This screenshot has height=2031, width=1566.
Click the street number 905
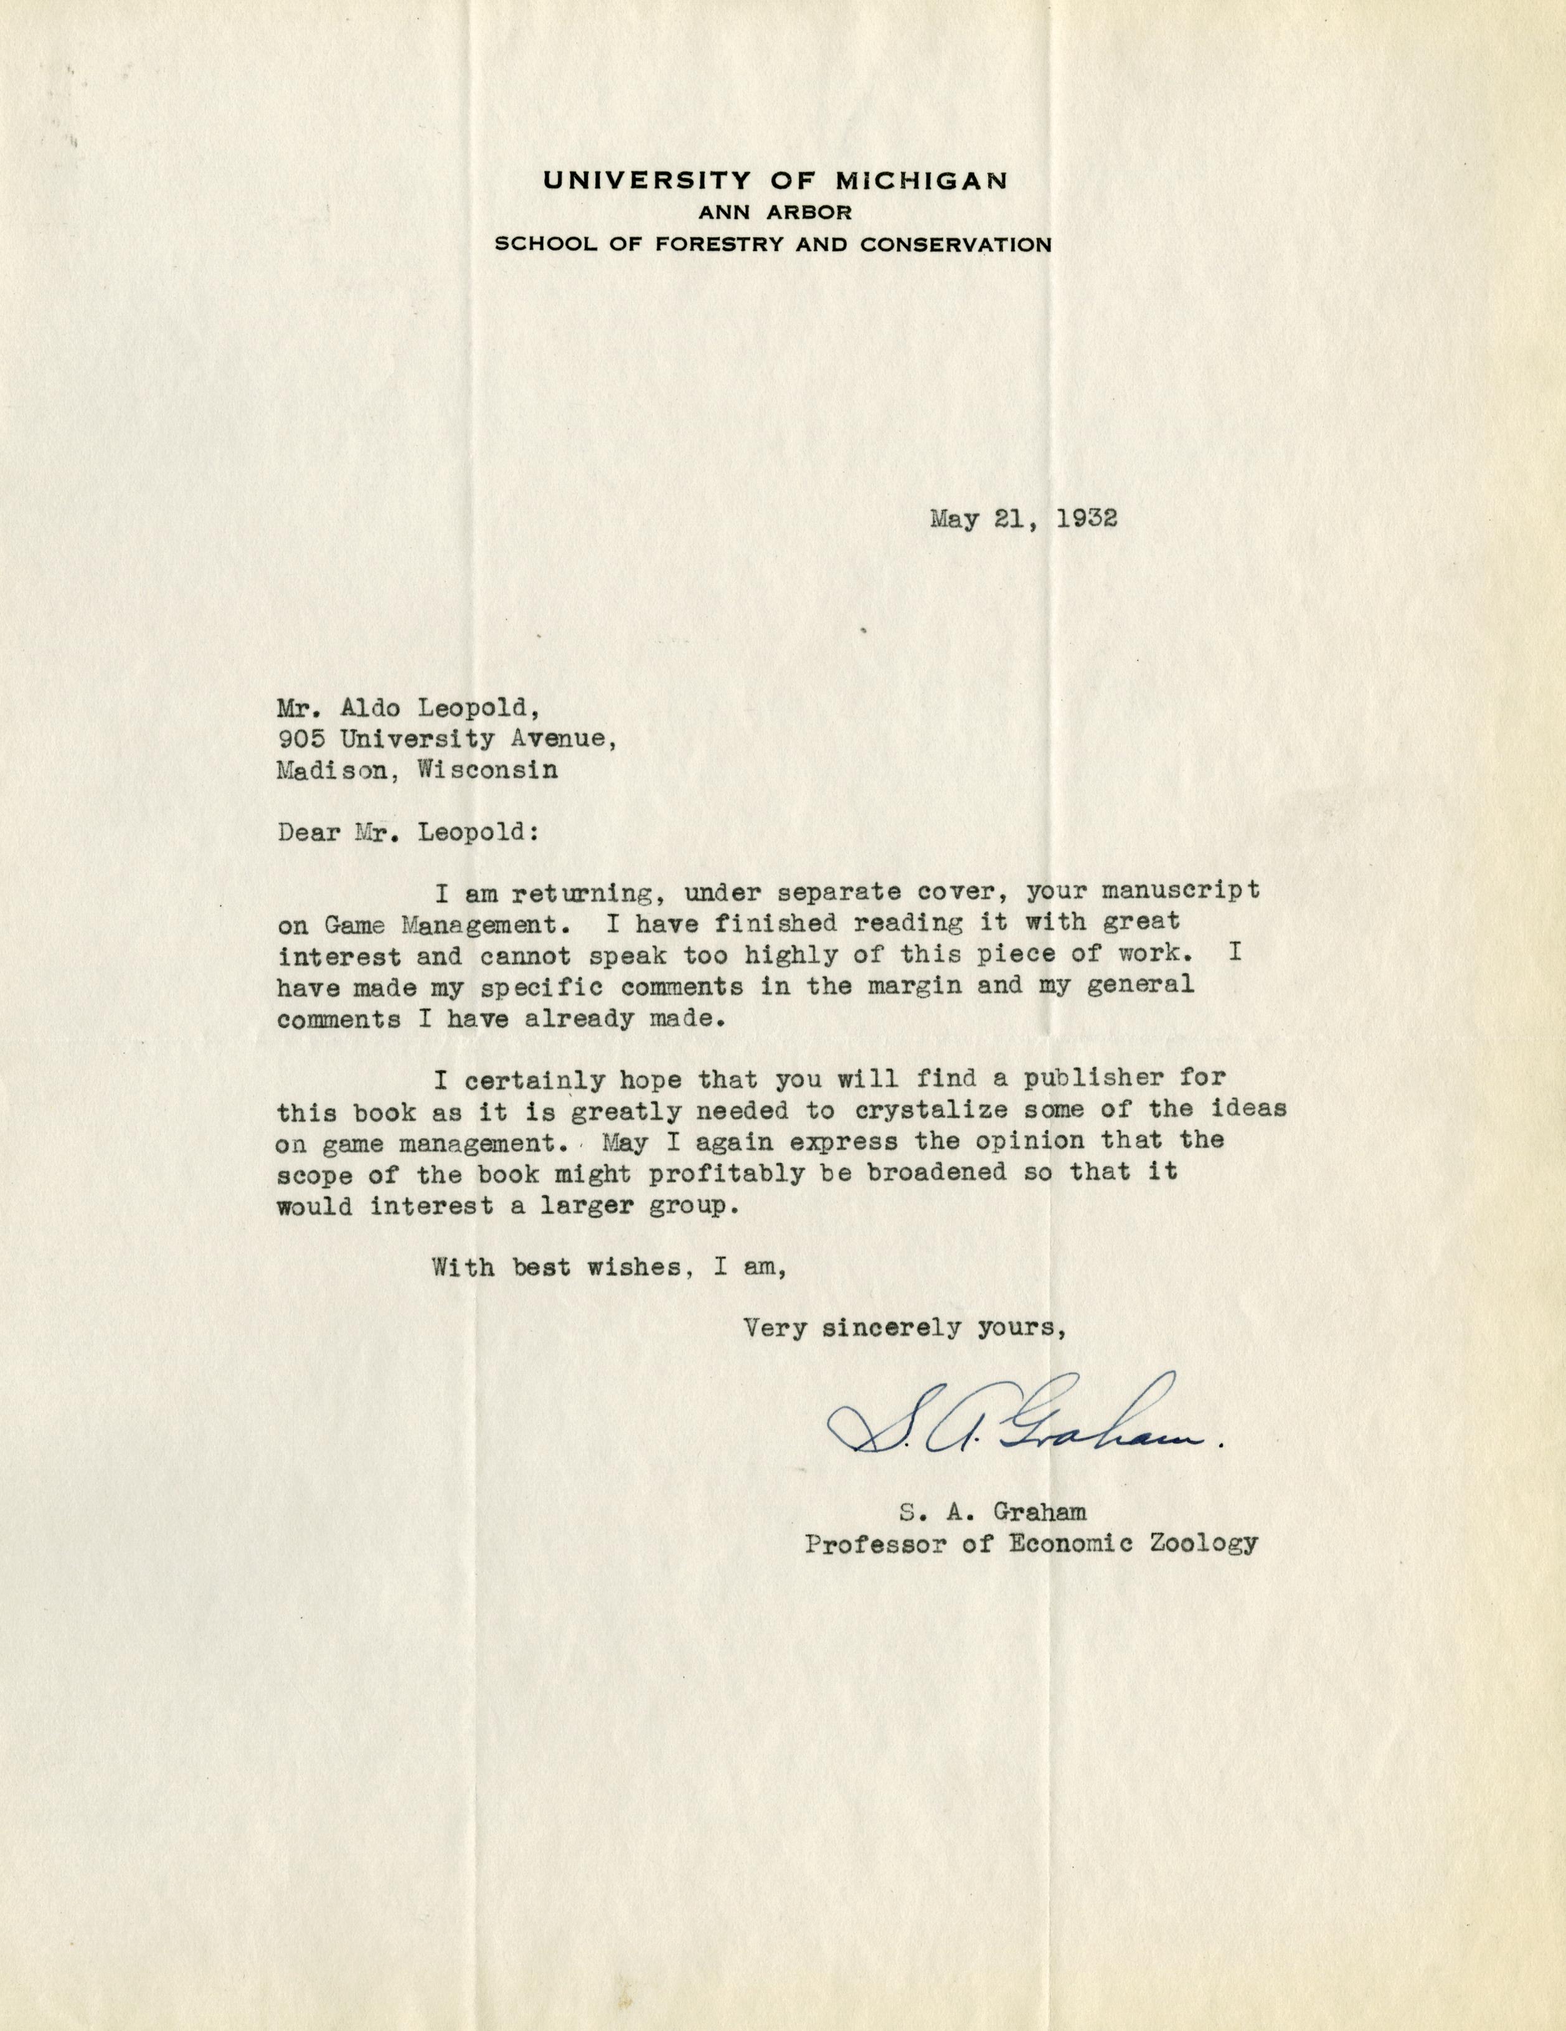click(300, 741)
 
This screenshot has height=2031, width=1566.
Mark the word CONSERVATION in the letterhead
click(957, 245)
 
